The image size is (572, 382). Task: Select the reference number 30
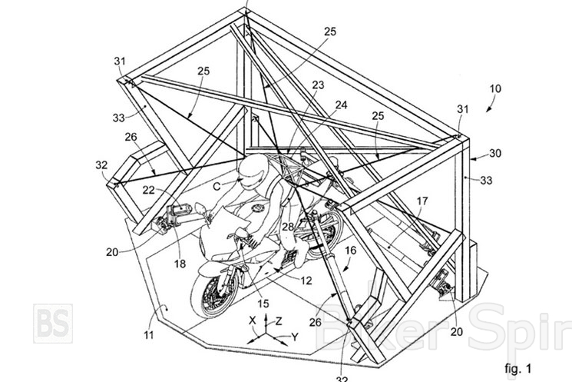[x=495, y=153]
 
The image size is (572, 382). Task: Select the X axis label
[x=251, y=317]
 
